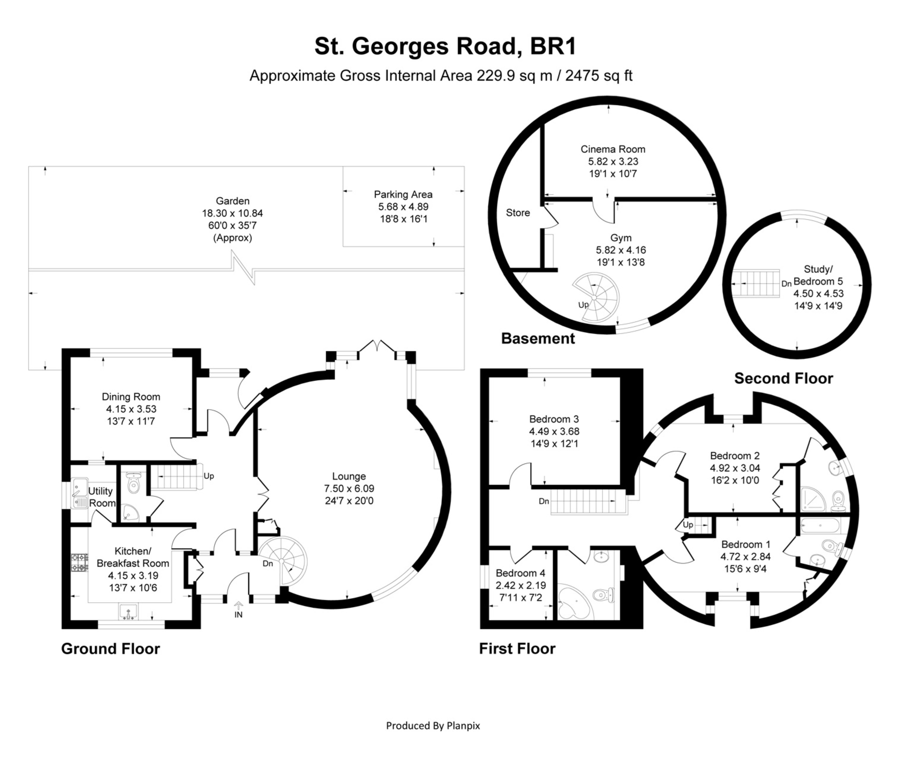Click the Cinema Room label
click(612, 149)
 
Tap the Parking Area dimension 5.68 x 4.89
click(403, 207)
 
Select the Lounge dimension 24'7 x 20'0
click(349, 501)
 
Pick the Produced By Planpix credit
click(433, 725)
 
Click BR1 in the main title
click(553, 46)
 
